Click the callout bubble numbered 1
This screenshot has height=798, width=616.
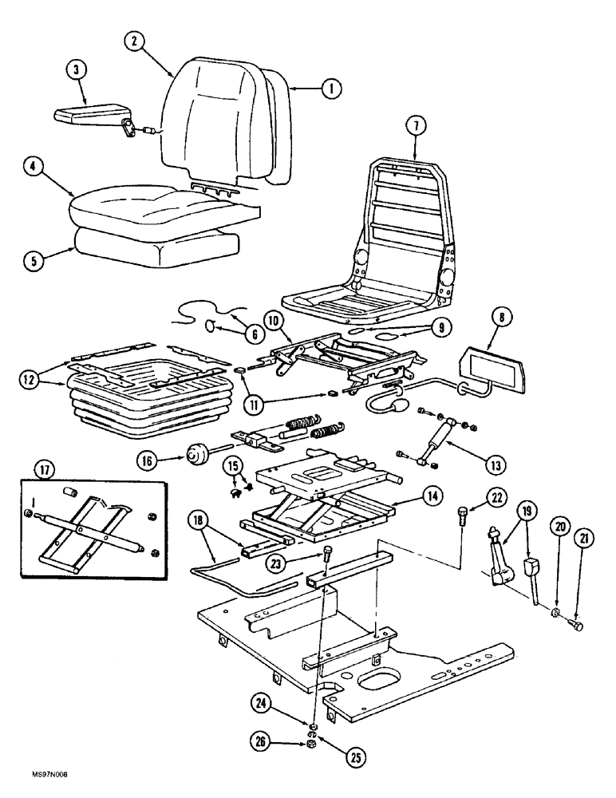click(x=326, y=89)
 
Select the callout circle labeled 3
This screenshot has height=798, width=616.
click(x=75, y=71)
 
